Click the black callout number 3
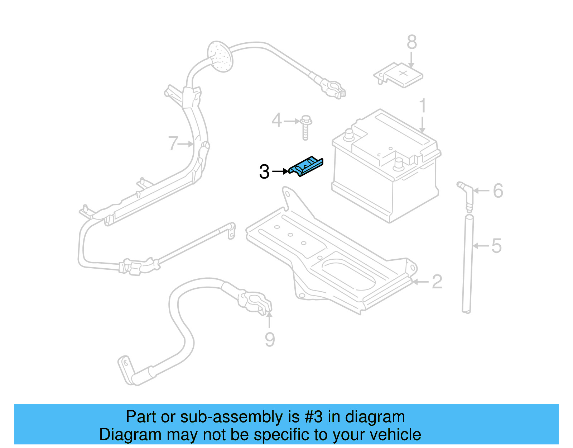pyautogui.click(x=264, y=172)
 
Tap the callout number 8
pyautogui.click(x=411, y=42)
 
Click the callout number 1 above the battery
pyautogui.click(x=423, y=106)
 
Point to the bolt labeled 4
pyautogui.click(x=305, y=127)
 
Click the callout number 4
pyautogui.click(x=276, y=121)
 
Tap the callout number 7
pyautogui.click(x=173, y=143)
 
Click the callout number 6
pyautogui.click(x=498, y=191)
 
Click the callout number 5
pyautogui.click(x=496, y=246)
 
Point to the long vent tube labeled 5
pyautogui.click(x=468, y=265)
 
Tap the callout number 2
pyautogui.click(x=437, y=282)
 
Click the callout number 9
pyautogui.click(x=270, y=339)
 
